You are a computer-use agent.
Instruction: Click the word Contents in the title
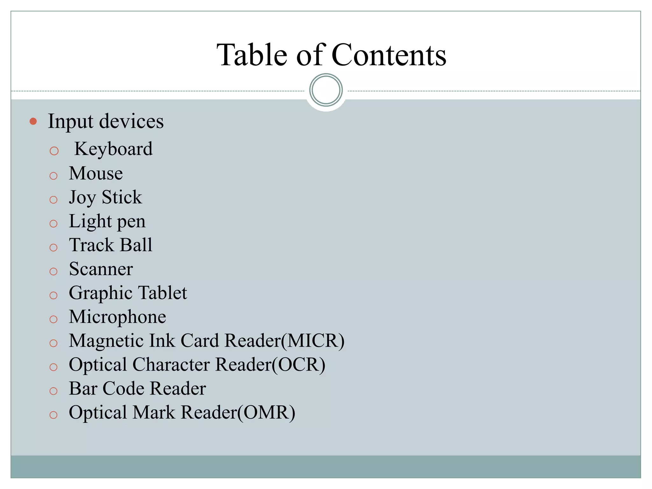point(389,55)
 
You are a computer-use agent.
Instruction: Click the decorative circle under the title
point(326,90)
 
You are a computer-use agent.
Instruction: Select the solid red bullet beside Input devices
point(33,121)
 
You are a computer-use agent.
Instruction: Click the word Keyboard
point(113,149)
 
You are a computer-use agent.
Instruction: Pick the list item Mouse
point(96,174)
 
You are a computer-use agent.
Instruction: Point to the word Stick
point(122,197)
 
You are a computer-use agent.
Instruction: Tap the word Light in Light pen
point(90,221)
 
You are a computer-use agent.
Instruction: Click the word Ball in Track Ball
point(136,245)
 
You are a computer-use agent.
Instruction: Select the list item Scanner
point(101,269)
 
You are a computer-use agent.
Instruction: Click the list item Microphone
point(117,317)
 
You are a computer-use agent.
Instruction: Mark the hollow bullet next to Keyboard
point(54,151)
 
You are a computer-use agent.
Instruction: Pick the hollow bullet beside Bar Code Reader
point(53,391)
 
